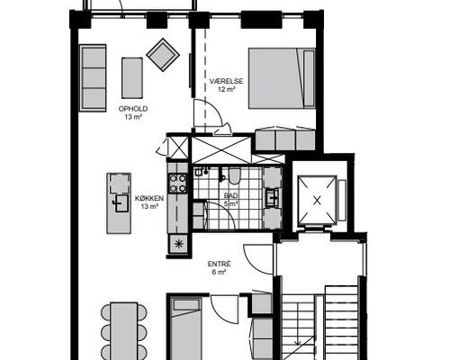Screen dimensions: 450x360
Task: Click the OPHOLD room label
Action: point(133,109)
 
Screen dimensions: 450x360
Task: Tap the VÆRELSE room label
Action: point(226,81)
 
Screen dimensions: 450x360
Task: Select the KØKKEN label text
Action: point(149,198)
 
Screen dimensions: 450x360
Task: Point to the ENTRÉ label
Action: point(220,264)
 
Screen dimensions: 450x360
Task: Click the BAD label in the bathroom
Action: point(230,195)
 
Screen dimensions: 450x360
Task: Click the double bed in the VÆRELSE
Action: point(282,78)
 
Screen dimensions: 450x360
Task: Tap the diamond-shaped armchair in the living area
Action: point(163,55)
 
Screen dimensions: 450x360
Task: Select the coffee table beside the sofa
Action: point(132,78)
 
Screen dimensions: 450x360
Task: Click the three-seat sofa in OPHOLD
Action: point(93,78)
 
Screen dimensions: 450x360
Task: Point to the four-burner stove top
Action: point(177,184)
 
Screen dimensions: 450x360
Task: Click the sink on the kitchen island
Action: point(122,203)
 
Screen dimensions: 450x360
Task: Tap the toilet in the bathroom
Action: point(234,175)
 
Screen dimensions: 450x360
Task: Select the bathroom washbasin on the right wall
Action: point(273,198)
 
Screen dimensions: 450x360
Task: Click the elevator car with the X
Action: point(317,200)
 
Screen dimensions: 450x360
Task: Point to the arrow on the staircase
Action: point(297,324)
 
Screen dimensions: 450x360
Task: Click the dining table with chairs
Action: point(124,331)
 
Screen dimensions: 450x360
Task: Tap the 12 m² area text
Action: point(226,89)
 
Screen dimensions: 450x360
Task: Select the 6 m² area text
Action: point(220,272)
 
